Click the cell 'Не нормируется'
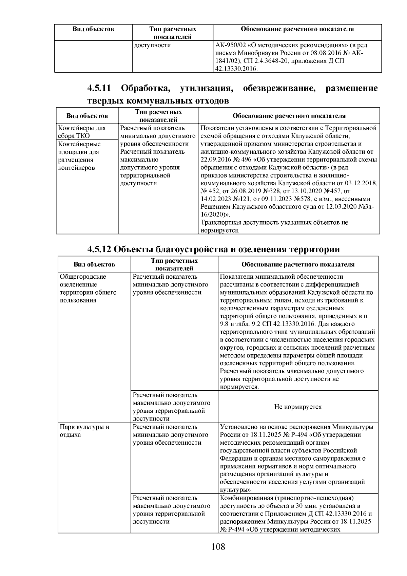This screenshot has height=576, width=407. [x=298, y=407]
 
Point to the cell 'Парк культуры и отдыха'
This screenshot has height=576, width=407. [x=84, y=431]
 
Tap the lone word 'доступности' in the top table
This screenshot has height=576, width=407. [x=152, y=45]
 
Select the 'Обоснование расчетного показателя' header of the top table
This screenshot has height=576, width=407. [x=297, y=29]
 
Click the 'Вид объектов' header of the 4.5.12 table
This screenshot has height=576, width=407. [x=94, y=264]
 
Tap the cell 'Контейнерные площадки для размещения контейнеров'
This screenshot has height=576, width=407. [x=80, y=156]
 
